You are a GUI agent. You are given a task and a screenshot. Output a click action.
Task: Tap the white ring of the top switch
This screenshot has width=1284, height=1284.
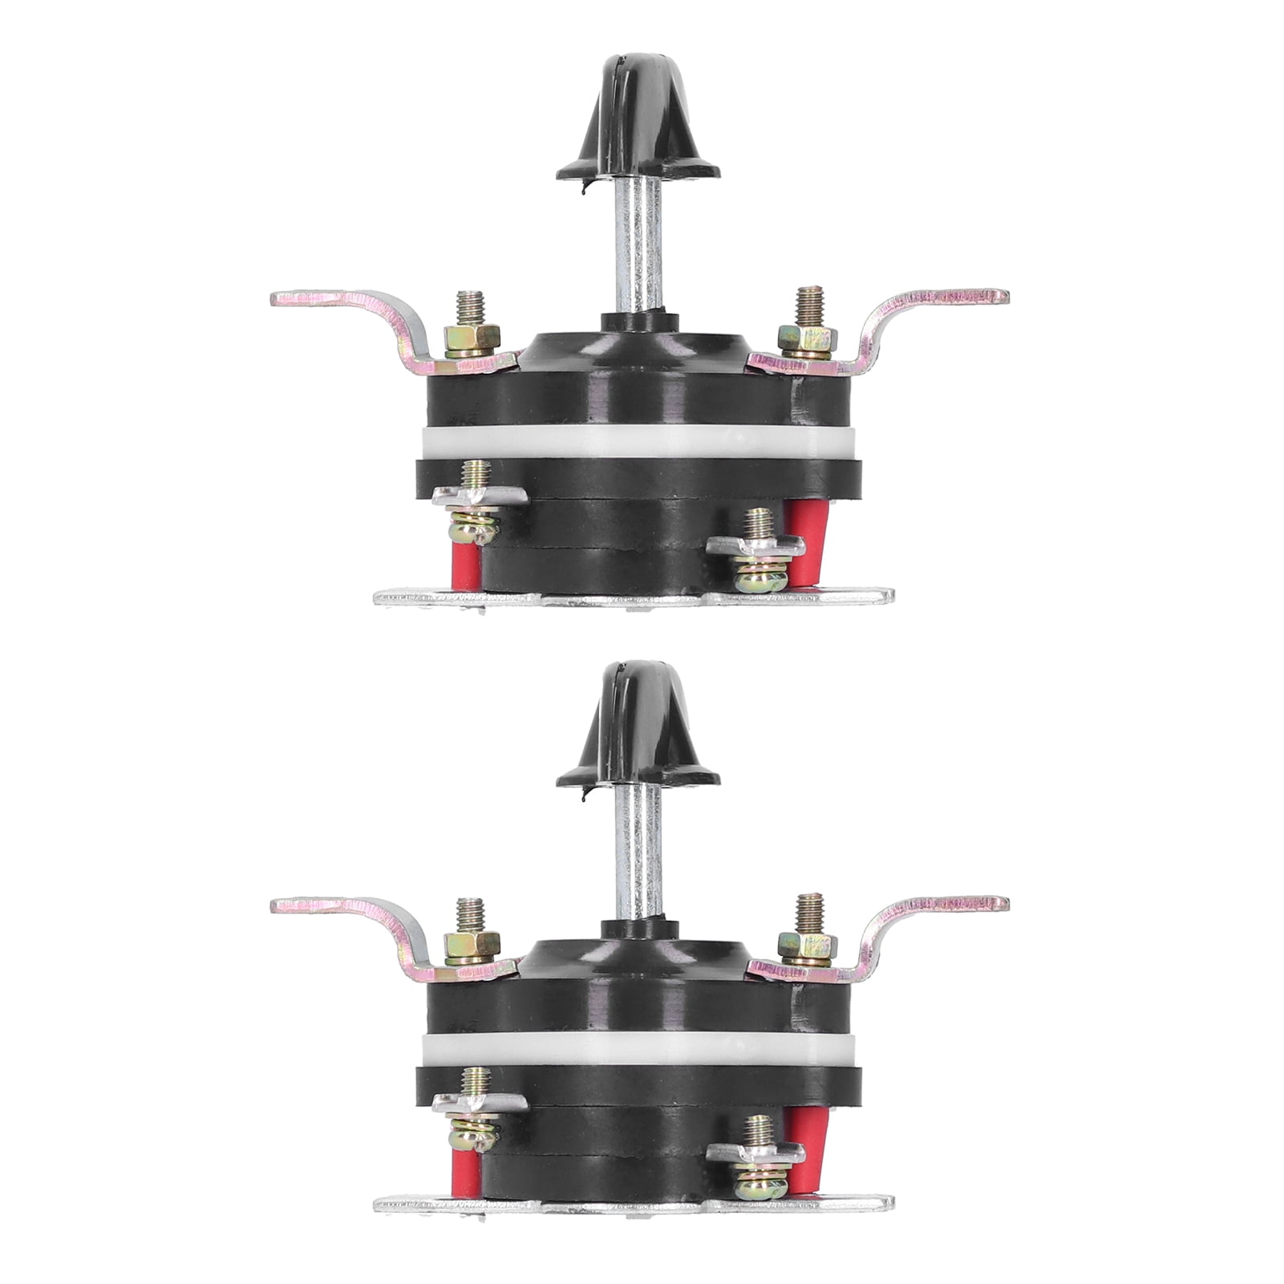pyautogui.click(x=638, y=440)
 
